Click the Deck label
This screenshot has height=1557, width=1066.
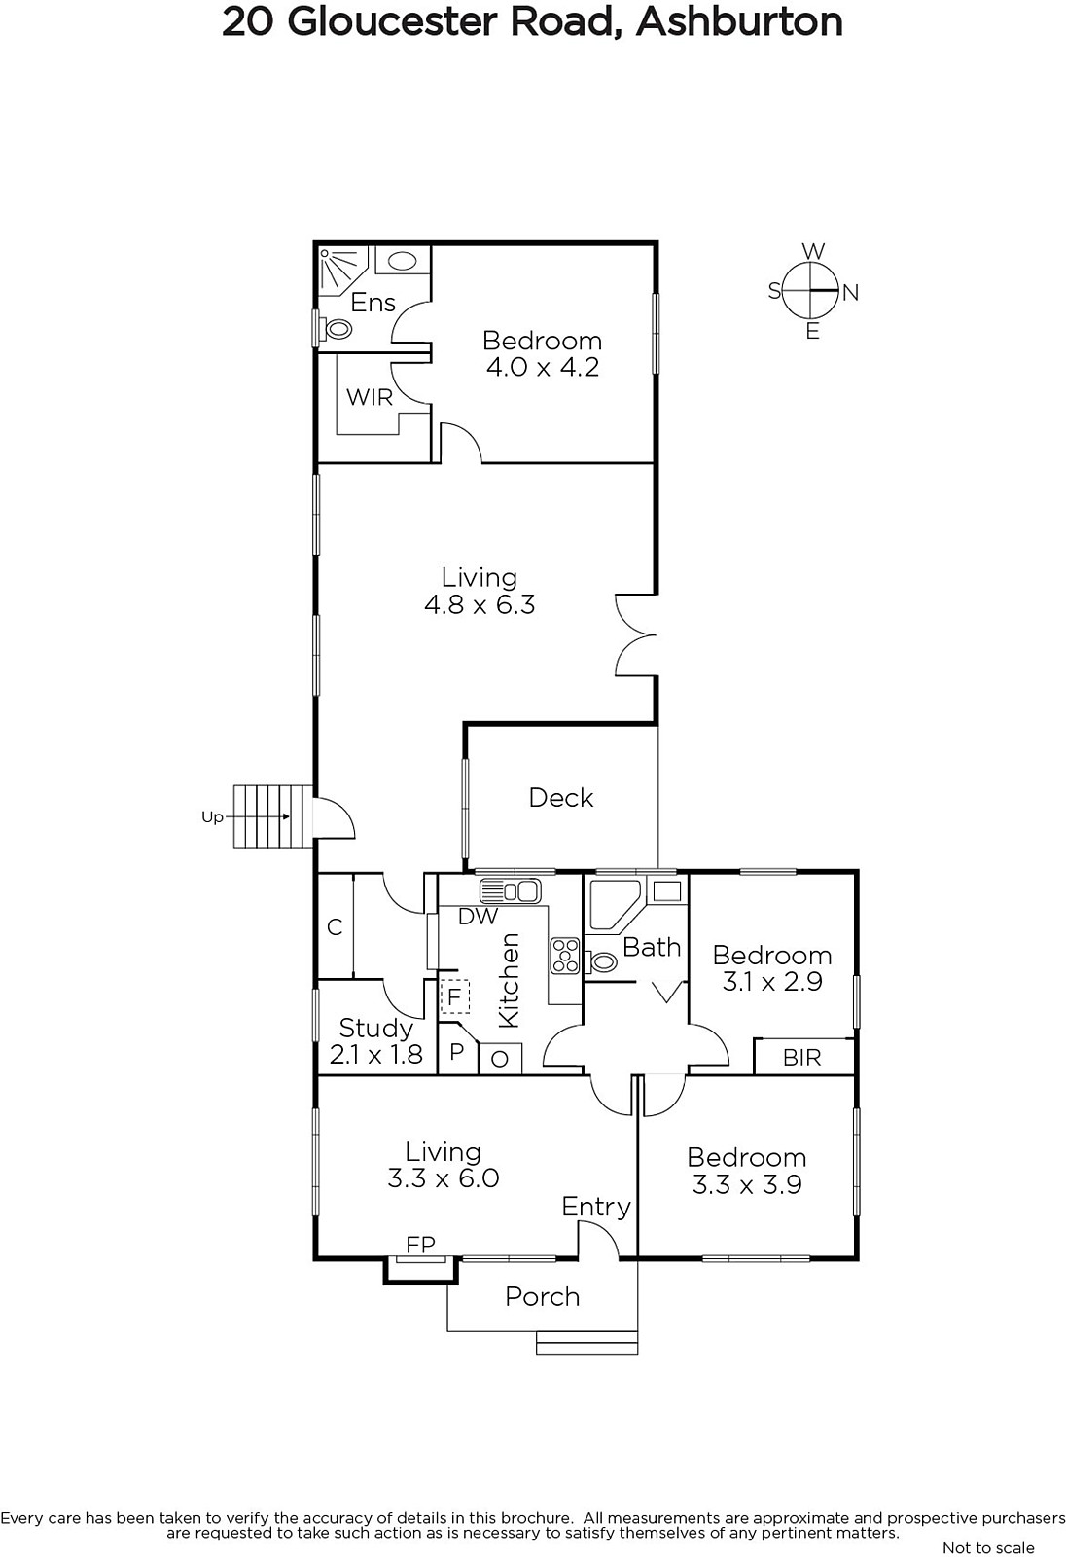(x=561, y=797)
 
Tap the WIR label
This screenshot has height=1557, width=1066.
(x=370, y=398)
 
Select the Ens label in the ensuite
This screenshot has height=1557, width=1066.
(x=373, y=303)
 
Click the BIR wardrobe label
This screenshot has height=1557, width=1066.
(x=802, y=1057)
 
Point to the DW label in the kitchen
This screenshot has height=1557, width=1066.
(x=479, y=916)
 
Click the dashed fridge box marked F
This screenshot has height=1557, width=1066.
(x=455, y=997)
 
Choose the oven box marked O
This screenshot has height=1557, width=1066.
(x=500, y=1059)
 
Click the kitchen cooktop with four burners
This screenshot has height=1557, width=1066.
(x=565, y=955)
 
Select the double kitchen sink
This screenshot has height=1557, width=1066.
(x=510, y=890)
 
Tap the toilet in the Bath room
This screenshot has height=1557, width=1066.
(x=602, y=962)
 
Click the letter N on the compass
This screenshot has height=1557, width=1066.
(x=851, y=293)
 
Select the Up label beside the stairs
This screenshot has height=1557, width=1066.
(x=213, y=816)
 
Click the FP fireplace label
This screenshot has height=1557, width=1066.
(x=420, y=1245)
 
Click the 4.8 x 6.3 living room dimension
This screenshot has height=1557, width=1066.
(x=480, y=604)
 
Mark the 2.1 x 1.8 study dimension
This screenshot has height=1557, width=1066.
(x=376, y=1055)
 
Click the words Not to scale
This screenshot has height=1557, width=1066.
(x=988, y=1547)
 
